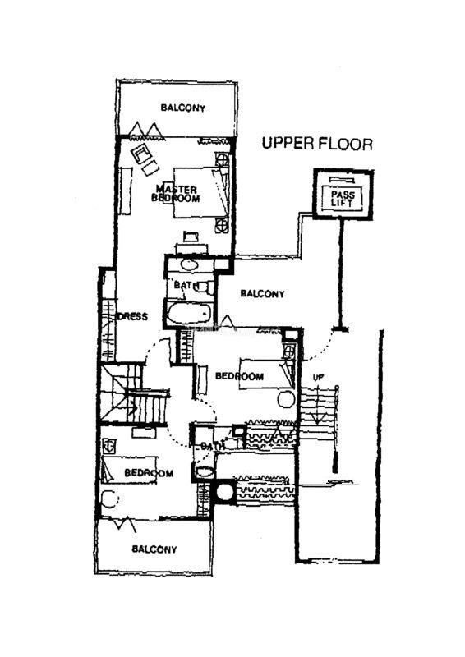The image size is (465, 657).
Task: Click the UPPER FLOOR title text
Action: coord(317,144)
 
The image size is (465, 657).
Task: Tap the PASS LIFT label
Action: coord(342,199)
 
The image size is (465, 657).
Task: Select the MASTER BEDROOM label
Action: coord(176,194)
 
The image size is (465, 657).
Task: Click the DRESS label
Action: coord(133,316)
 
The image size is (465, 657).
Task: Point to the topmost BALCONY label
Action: coord(183,108)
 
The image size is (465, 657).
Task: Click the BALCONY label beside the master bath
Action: coord(262,294)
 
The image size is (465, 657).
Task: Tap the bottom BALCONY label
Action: coord(154,549)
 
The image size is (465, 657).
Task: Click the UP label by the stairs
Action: coord(318,377)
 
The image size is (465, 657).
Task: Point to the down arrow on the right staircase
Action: coord(318,403)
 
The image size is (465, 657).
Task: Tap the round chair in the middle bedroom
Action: coord(286,398)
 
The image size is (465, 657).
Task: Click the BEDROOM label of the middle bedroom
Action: coord(239,376)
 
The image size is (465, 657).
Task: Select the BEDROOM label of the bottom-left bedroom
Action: coord(149,473)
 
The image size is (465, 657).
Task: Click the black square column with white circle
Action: coord(223,490)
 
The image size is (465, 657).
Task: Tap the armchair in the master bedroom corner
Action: coord(141,154)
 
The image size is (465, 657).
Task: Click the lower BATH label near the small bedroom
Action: coord(212,447)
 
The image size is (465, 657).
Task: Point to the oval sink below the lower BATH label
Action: coord(205,472)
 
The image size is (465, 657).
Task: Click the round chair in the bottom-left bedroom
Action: coord(110,499)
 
